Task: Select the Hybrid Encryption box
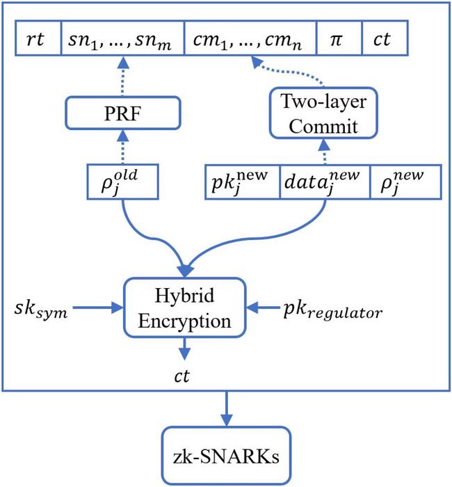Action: tap(184, 306)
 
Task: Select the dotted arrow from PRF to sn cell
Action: tap(122, 78)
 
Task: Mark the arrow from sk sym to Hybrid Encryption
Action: tap(102, 306)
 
